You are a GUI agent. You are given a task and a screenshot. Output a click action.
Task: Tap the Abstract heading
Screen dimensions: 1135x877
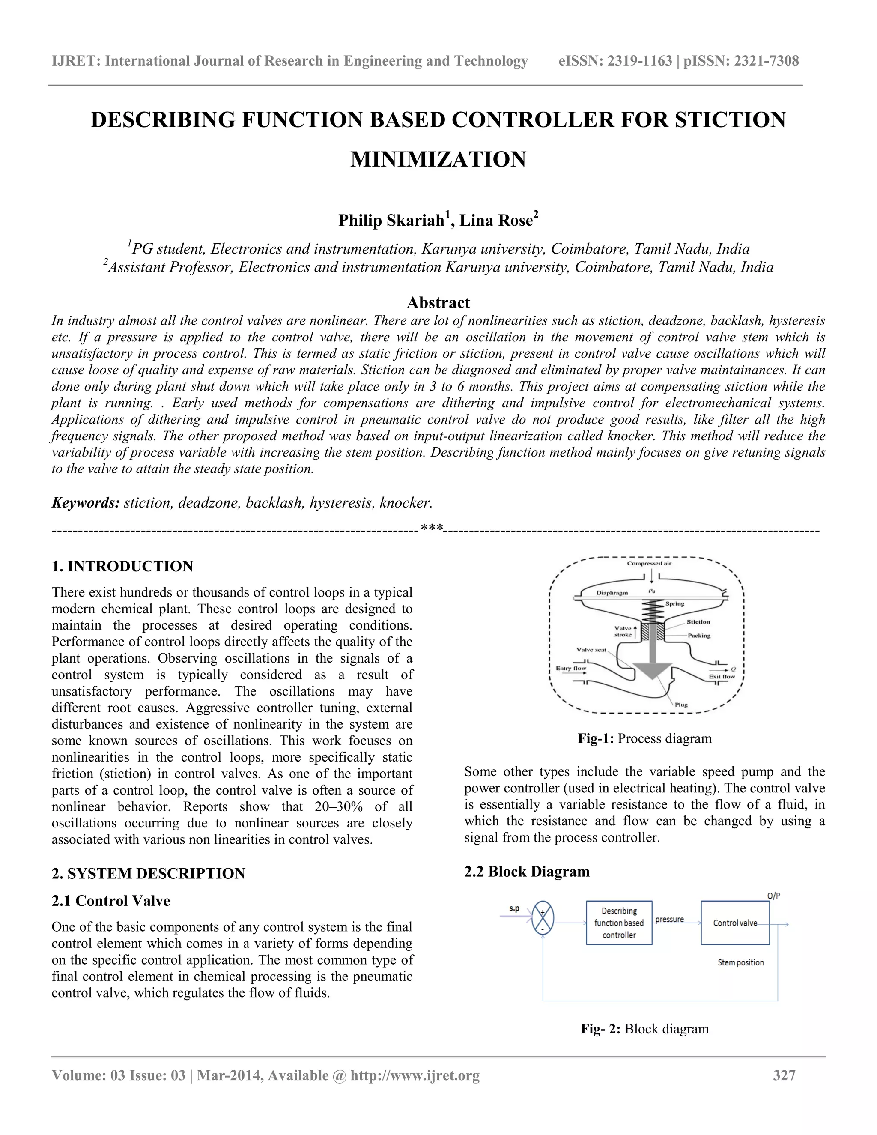[438, 302]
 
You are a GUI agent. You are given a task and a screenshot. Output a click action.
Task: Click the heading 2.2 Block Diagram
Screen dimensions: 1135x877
[526, 872]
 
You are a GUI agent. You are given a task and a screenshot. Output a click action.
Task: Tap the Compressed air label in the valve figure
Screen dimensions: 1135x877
[651, 563]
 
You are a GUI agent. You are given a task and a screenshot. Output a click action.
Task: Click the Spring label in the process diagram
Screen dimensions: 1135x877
[675, 604]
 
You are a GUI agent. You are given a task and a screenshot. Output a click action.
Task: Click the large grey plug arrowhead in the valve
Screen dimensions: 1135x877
[653, 671]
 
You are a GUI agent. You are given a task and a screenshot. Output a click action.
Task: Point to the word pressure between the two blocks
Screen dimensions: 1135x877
[669, 919]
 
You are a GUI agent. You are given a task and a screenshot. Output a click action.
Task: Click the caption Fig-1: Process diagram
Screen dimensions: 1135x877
[644, 738]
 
